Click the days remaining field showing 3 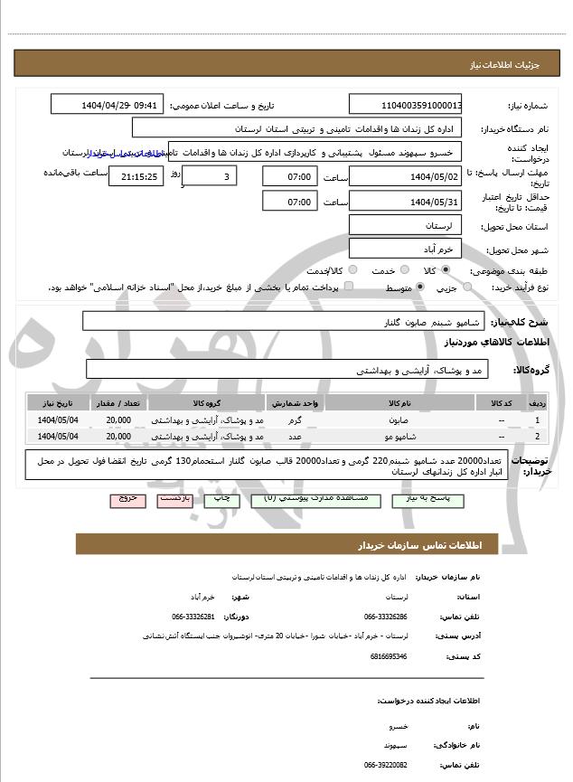point(210,176)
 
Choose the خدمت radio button point(401,270)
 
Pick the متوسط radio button point(420,287)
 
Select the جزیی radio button point(467,287)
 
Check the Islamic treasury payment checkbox point(349,287)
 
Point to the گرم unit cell point(295,420)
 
